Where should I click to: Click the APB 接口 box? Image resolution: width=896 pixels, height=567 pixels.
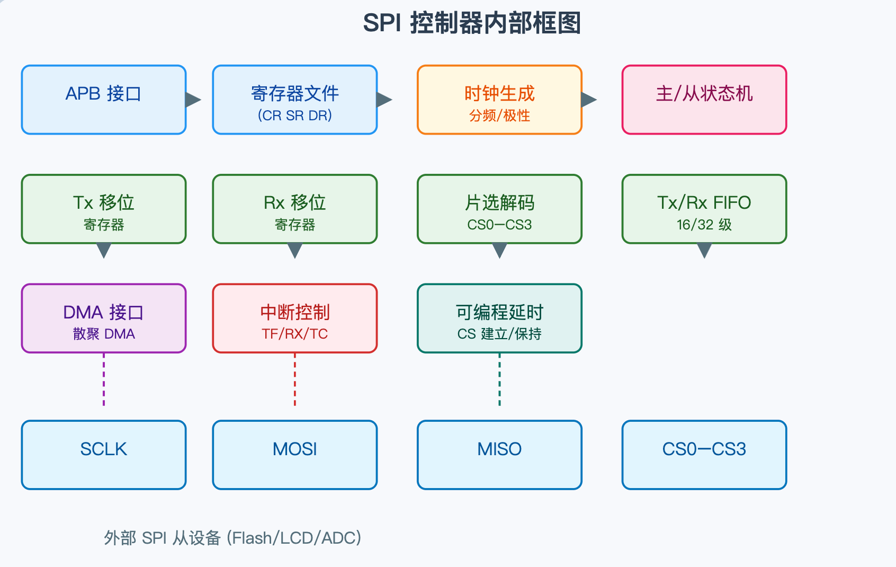tap(104, 100)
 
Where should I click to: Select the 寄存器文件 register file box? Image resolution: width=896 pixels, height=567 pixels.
tap(295, 100)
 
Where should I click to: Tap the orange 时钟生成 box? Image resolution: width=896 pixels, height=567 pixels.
tap(499, 100)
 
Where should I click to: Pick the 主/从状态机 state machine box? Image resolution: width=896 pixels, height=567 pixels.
tap(704, 100)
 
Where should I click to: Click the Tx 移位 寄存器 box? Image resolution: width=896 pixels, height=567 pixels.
tap(104, 209)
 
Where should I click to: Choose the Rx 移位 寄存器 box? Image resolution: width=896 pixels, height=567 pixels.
tap(295, 209)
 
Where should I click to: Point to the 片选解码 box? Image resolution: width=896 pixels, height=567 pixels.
tap(499, 209)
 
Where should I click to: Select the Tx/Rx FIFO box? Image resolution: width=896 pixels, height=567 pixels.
tap(704, 209)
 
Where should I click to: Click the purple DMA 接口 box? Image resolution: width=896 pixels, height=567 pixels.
tap(104, 318)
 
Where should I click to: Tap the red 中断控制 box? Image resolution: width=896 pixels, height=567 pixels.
tap(295, 318)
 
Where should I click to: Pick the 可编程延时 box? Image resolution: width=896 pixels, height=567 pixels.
tap(499, 318)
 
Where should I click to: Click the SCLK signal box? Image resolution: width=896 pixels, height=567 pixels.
tap(104, 455)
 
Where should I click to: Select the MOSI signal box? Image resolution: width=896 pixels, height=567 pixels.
tap(295, 455)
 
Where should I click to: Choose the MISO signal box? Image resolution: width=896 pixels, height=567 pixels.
tap(499, 455)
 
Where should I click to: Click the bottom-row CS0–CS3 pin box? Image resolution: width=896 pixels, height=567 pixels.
tap(704, 455)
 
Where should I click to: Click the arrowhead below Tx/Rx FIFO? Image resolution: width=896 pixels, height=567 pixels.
tap(704, 249)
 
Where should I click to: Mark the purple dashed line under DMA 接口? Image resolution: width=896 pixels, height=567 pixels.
tap(104, 379)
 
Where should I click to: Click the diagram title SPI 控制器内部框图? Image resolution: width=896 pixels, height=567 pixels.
tap(471, 23)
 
